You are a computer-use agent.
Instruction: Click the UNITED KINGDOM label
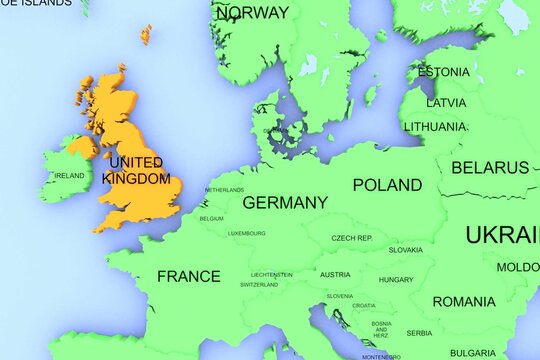(139, 170)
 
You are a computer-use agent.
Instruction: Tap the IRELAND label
(69, 176)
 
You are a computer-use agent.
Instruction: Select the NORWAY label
(252, 13)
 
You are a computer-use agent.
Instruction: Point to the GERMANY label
(285, 202)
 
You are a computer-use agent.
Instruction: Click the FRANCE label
(188, 276)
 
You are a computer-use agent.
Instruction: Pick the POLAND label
(387, 185)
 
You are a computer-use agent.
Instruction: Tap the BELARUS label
(490, 167)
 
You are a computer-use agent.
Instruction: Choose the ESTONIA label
(443, 72)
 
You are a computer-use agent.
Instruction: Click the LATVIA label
(446, 102)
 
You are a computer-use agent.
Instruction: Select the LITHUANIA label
(435, 127)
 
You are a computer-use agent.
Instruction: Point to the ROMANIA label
(464, 301)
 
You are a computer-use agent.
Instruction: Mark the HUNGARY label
(396, 280)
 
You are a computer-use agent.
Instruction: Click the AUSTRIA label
(334, 274)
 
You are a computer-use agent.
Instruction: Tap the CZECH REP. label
(352, 238)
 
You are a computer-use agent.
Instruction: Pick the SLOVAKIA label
(405, 250)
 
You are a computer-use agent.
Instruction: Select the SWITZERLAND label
(259, 285)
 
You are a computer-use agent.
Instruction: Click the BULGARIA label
(472, 352)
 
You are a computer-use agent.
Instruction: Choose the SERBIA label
(419, 333)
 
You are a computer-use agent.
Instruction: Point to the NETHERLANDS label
(224, 190)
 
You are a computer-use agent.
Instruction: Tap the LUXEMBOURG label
(246, 233)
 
